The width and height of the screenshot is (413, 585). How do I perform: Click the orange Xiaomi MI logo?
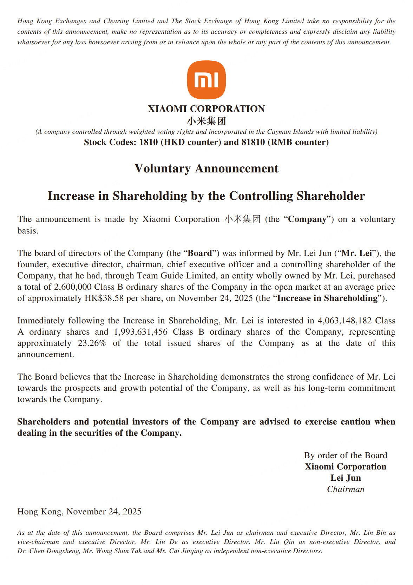coord(206,80)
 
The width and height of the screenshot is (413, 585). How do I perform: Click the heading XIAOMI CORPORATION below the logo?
coord(206,109)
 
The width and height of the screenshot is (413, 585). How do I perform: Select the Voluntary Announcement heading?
coord(206,169)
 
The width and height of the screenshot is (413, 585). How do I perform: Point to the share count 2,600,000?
coord(73,287)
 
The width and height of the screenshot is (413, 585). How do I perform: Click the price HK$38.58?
coord(104,298)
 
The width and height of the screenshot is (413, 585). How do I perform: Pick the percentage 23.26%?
coord(92,343)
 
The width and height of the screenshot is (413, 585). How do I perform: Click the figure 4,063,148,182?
coord(344,321)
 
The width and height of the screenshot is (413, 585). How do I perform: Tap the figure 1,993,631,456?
coord(140,332)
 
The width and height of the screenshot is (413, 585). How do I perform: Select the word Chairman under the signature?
coord(346,489)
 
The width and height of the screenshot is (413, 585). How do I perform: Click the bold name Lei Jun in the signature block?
coord(346,478)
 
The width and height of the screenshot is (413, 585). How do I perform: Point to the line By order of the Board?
coord(346,455)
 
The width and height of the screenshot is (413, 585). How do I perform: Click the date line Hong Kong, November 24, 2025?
coord(79,512)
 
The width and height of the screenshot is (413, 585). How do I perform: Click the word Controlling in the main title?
coord(261,196)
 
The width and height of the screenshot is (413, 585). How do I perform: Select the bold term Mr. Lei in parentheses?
coord(356,253)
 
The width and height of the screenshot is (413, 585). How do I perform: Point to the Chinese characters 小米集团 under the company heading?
coord(206,121)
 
